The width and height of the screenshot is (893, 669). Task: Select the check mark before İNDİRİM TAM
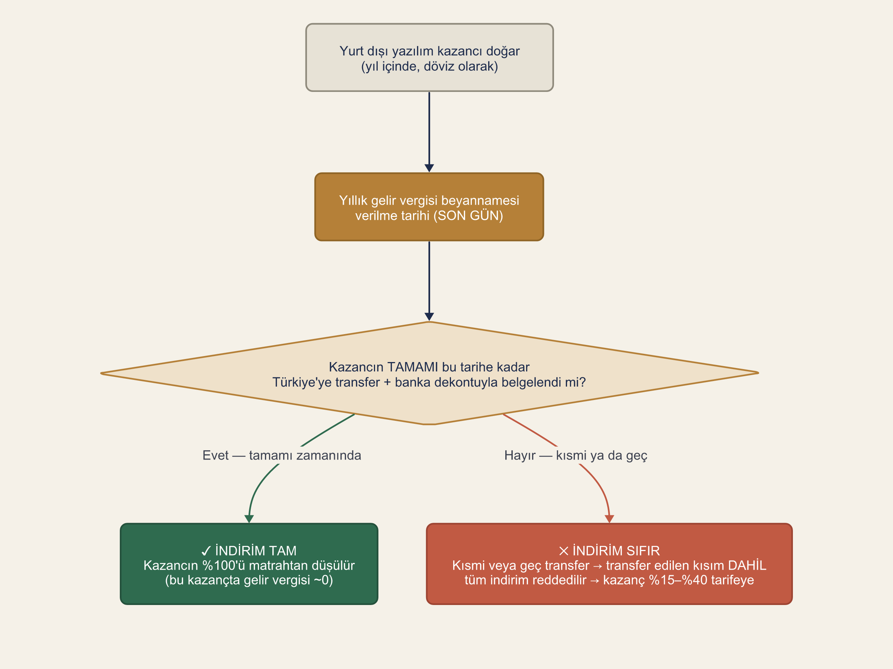click(x=206, y=551)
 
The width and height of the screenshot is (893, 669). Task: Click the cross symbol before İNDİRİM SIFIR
click(x=564, y=551)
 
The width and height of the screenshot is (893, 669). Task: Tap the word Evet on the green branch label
click(x=215, y=455)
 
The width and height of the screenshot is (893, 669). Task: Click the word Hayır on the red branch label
click(x=520, y=456)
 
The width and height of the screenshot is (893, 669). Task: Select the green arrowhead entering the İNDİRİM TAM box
click(x=249, y=519)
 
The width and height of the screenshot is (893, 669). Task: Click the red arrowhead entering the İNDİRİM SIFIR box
click(x=609, y=519)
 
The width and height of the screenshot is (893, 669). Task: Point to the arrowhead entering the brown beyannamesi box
click(x=429, y=168)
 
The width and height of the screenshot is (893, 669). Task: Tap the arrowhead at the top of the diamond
click(x=429, y=317)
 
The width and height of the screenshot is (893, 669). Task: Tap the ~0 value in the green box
click(x=321, y=580)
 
